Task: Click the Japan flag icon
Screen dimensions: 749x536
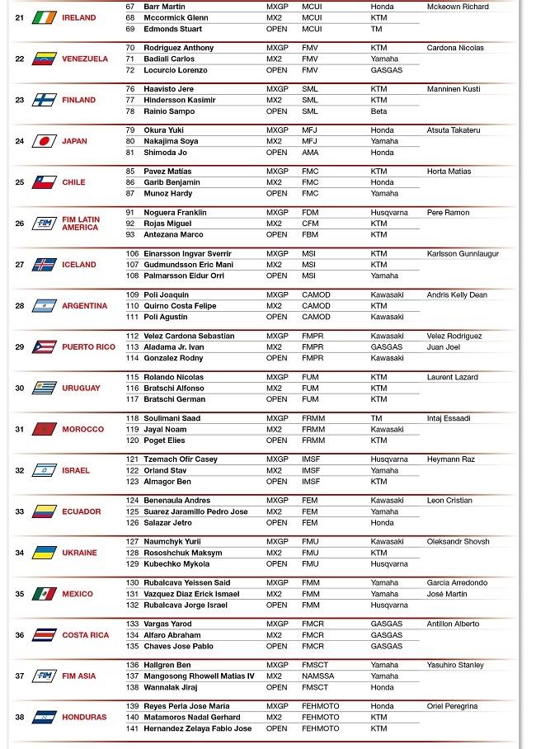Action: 44,141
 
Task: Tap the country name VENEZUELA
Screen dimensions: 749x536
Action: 85,59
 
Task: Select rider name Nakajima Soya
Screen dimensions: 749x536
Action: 171,141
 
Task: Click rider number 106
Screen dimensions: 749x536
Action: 132,254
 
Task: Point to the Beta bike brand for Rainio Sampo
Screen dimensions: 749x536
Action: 378,111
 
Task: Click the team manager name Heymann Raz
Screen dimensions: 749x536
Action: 450,459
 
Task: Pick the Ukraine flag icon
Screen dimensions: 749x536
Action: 44,553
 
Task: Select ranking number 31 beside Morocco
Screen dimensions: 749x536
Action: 20,429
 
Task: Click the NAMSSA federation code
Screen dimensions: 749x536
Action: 317,676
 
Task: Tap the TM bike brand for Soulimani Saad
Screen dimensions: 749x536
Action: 376,418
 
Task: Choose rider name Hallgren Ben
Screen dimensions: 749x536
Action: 167,665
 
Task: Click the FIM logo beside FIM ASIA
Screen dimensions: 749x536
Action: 44,676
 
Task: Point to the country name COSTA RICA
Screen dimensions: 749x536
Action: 85,635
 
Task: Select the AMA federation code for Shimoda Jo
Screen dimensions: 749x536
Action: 309,153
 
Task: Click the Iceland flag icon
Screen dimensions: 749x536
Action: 44,265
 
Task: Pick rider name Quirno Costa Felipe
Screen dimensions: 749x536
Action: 180,306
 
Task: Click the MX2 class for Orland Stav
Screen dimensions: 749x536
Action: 274,471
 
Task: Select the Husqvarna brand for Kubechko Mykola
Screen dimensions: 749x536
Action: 389,564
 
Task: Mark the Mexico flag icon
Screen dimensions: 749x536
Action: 44,594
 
